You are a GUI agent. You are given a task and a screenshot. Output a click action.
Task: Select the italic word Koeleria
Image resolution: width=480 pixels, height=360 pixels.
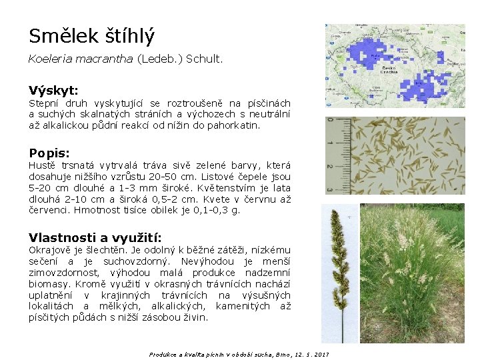pyautogui.click(x=48, y=59)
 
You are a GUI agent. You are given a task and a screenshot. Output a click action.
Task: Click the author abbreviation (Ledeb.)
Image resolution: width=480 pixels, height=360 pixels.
pyautogui.click(x=159, y=59)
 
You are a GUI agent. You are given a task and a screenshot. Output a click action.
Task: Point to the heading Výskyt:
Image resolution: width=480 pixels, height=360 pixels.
pyautogui.click(x=53, y=90)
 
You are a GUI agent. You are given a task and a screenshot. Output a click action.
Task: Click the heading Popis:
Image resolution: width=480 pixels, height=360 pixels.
pyautogui.click(x=49, y=152)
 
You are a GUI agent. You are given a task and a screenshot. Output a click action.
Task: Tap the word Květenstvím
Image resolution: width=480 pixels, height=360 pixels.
pyautogui.click(x=223, y=188)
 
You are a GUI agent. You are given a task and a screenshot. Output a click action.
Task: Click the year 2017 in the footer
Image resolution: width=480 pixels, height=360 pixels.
pyautogui.click(x=321, y=354)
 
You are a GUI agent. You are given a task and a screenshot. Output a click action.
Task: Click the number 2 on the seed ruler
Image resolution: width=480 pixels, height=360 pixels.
pyautogui.click(x=330, y=167)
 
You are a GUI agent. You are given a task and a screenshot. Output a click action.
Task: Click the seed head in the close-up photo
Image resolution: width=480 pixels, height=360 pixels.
pyautogui.click(x=342, y=267)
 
